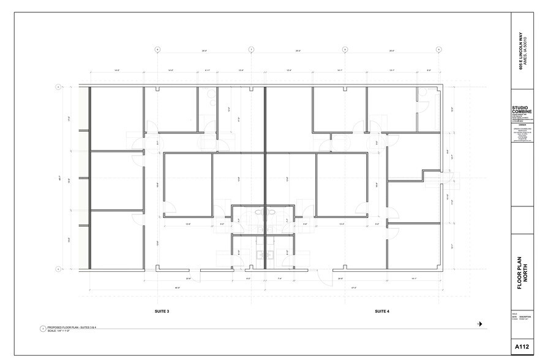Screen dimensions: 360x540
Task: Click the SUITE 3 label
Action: (x=162, y=311)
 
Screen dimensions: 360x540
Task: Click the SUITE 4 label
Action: (x=382, y=311)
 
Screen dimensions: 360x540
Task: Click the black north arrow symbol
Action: (x=480, y=324)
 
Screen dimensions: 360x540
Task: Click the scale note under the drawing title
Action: (x=61, y=331)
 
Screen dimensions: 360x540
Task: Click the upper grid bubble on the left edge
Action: (x=59, y=87)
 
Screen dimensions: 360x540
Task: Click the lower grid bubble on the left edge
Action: (x=59, y=269)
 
